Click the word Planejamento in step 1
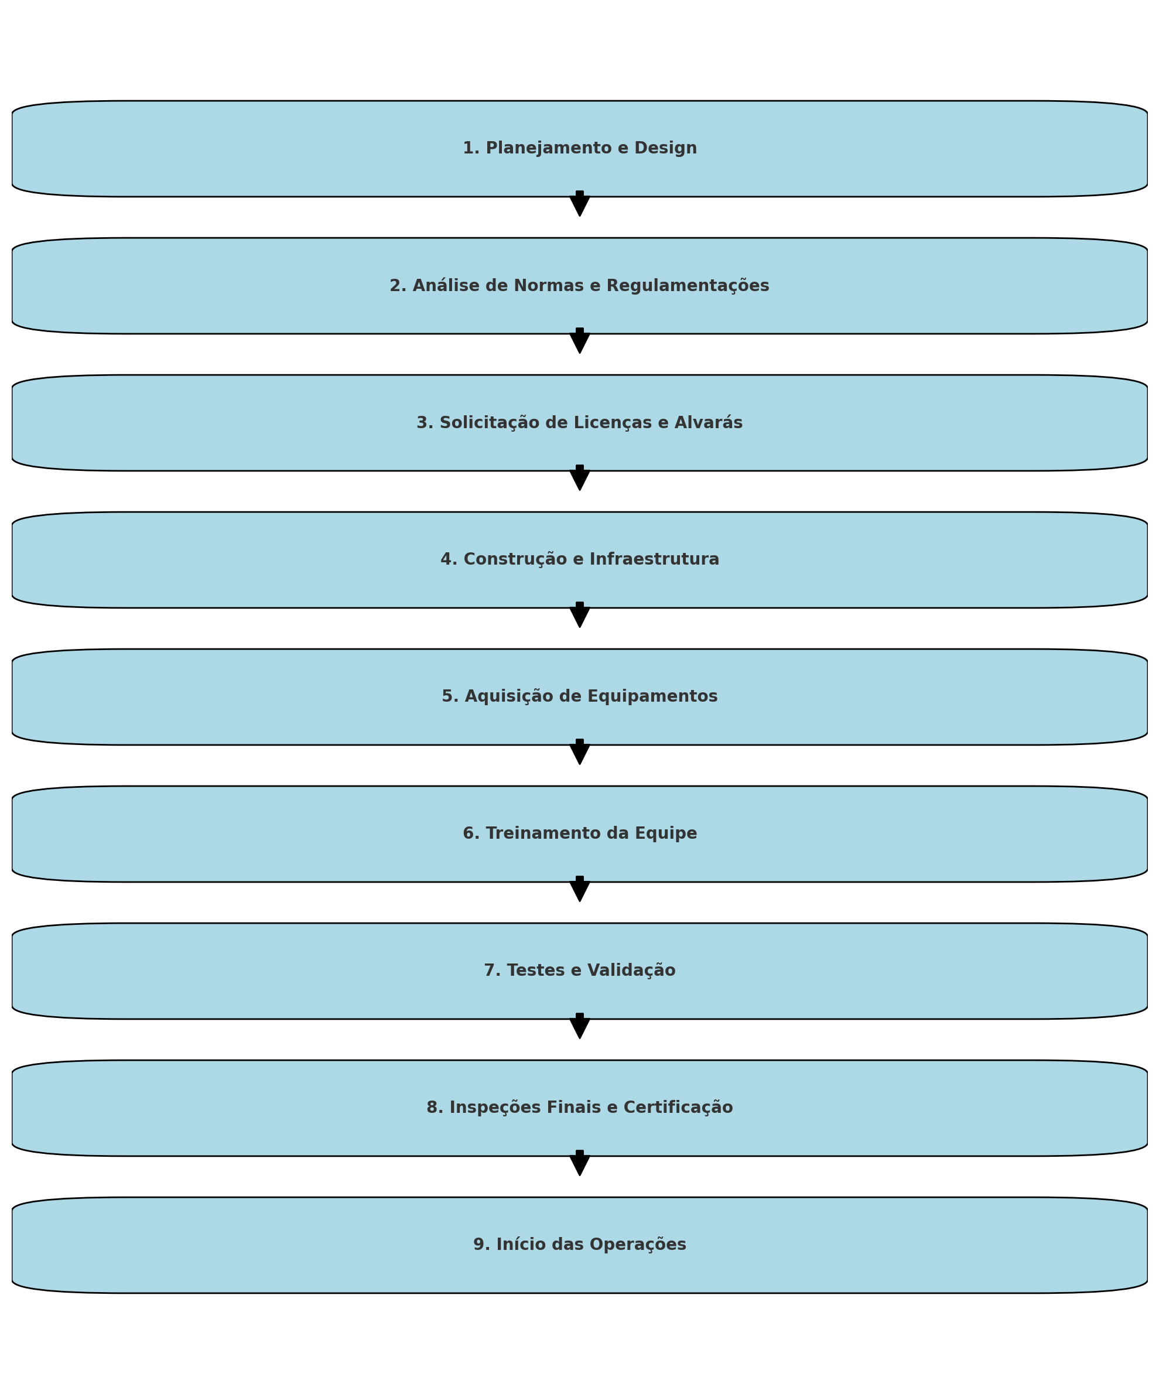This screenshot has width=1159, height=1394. (549, 149)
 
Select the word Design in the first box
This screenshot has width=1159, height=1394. (666, 149)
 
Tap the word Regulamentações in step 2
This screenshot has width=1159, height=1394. (688, 286)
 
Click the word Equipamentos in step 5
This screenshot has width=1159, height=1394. (651, 697)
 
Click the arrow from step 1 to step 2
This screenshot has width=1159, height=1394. (580, 204)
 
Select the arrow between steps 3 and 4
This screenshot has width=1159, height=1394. (580, 478)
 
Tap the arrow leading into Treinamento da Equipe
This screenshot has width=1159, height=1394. (580, 752)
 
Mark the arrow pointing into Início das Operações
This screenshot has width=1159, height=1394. (580, 1163)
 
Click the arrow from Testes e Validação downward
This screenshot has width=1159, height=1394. (580, 1026)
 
